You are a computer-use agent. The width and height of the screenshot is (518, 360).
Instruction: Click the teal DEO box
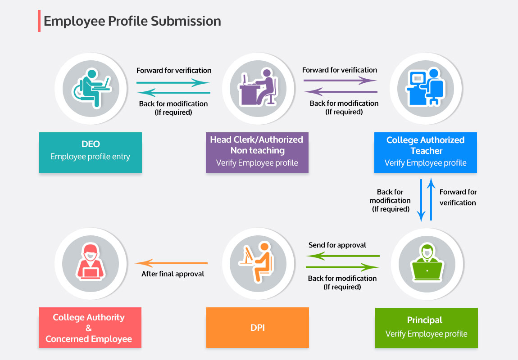[x=90, y=152]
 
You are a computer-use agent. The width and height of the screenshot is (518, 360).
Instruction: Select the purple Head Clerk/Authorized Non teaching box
[x=257, y=152]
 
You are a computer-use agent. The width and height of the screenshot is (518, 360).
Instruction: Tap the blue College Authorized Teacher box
[x=425, y=152]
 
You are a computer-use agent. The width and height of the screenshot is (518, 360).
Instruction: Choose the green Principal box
[x=426, y=328]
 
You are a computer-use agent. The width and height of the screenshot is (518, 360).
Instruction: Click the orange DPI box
[x=257, y=328]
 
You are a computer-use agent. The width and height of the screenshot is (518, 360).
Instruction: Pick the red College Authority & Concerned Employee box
[x=90, y=328]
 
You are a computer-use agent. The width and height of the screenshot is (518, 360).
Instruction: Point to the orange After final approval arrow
[x=172, y=263]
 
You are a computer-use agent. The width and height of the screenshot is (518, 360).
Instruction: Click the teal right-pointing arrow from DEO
[x=173, y=83]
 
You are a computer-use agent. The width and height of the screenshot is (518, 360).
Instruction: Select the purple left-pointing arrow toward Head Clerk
[x=341, y=92]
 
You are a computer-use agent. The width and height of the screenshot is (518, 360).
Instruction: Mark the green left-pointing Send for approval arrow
[x=343, y=256]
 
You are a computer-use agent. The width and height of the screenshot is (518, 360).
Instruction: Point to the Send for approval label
[x=337, y=245]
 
